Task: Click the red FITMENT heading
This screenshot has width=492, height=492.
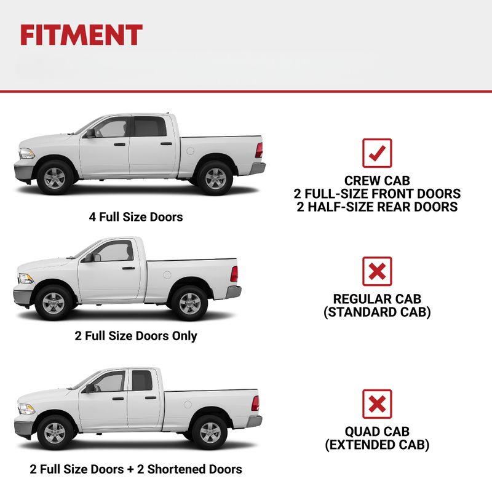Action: tap(81, 35)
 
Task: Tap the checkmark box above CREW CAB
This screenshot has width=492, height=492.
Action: tap(377, 153)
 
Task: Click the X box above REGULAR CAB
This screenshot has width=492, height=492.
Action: tap(377, 271)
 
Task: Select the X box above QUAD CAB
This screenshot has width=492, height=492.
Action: tap(377, 404)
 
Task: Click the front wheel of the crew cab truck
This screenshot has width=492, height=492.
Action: tap(55, 178)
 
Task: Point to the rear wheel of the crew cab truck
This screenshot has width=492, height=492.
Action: tap(215, 178)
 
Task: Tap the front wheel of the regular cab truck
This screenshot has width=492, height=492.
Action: tap(53, 303)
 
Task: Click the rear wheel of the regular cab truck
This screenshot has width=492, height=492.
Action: tap(189, 303)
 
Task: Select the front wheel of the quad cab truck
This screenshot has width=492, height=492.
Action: tap(55, 433)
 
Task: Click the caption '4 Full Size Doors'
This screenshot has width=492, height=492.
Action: tap(136, 217)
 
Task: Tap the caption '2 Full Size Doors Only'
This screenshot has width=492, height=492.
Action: tap(136, 336)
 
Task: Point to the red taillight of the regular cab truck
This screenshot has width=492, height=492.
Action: tap(234, 274)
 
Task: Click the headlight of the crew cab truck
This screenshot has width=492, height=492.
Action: tap(26, 153)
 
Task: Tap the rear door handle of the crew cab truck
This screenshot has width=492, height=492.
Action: tap(166, 144)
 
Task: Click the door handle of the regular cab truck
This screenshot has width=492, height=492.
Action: tap(129, 268)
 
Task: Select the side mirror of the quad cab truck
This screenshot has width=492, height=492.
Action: tap(90, 388)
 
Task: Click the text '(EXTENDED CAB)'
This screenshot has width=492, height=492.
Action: tap(377, 445)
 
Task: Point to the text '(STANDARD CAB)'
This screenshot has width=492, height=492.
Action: tap(377, 312)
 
